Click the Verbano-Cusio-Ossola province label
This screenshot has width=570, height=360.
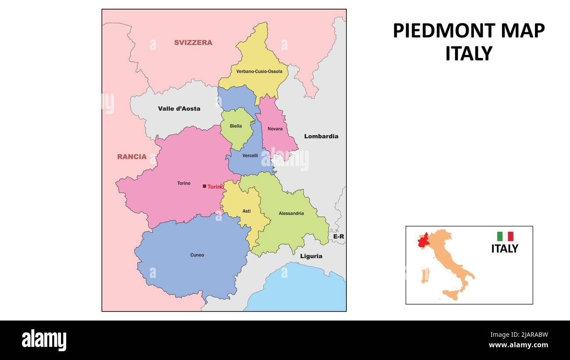point(259,71)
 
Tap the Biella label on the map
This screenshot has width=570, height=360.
point(236,126)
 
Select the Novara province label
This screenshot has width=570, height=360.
point(275,129)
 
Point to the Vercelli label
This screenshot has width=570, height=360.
point(250,156)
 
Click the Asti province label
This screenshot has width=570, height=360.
point(247,211)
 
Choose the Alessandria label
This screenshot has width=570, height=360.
point(291,214)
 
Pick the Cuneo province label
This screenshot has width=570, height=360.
point(197,255)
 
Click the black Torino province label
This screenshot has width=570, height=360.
point(184,183)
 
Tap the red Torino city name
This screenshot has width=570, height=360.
point(216,187)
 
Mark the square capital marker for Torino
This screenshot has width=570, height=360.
point(204,186)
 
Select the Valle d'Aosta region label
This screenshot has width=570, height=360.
point(179,109)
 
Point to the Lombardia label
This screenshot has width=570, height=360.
point(321,136)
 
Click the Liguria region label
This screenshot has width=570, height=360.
point(311,256)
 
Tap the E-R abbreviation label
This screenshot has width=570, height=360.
point(338,237)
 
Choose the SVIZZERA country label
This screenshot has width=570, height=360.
point(193,43)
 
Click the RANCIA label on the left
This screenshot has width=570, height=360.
point(132,157)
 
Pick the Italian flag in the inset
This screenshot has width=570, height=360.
point(505,236)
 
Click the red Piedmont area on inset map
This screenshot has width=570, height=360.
point(424,242)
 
